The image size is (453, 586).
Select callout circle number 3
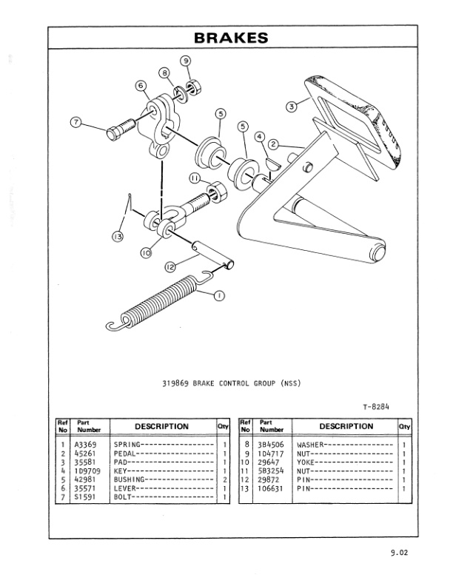[x=292, y=106]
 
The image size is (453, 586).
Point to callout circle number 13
[x=117, y=236]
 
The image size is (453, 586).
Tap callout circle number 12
[x=172, y=269]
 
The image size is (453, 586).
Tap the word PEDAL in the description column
[x=124, y=454]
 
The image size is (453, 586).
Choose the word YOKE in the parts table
[x=307, y=462]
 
